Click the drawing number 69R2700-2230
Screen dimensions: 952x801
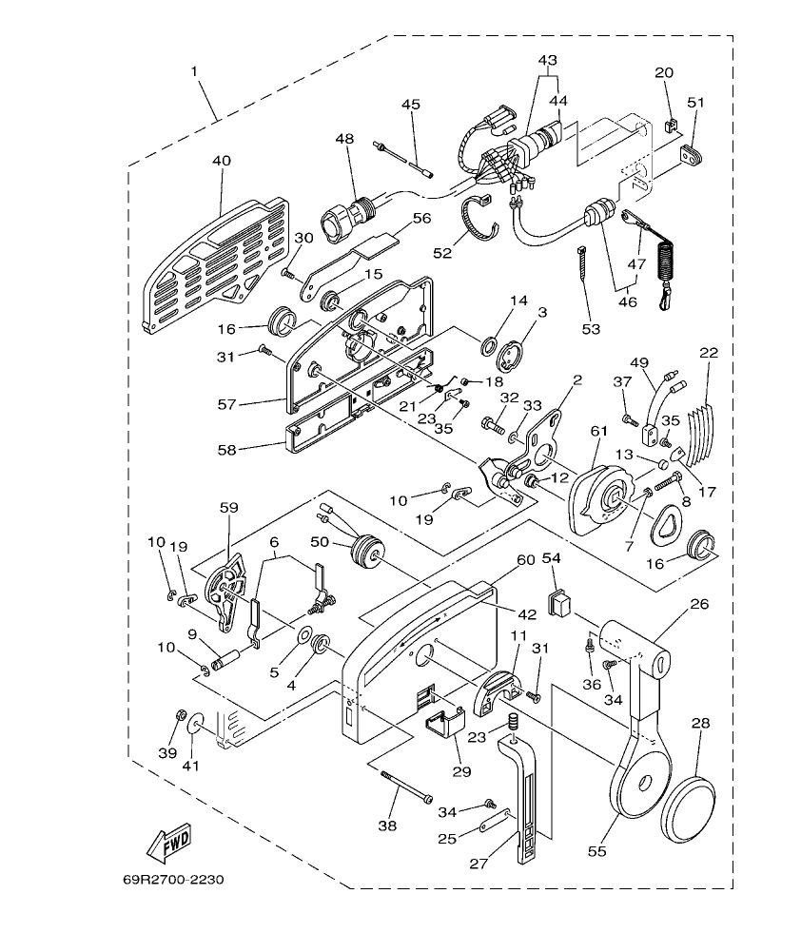(x=173, y=880)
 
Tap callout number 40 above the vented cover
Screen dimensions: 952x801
(x=221, y=162)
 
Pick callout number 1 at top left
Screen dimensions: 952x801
(x=196, y=72)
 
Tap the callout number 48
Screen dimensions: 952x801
(x=344, y=139)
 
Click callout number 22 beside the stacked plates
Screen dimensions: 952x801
(x=709, y=353)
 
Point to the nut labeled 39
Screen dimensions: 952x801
(x=180, y=715)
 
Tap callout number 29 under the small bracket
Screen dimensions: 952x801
(x=461, y=771)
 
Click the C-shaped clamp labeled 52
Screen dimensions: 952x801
(x=481, y=215)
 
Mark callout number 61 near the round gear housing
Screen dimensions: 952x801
(x=597, y=433)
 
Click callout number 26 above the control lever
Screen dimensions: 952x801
(x=700, y=603)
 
